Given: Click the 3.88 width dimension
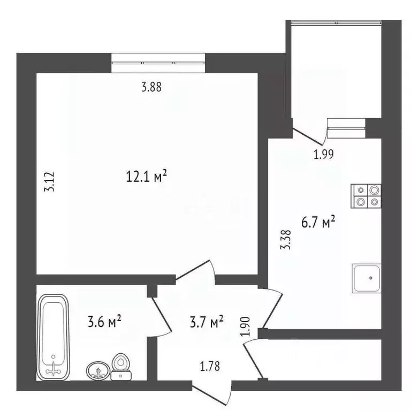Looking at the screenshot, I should pos(151,87).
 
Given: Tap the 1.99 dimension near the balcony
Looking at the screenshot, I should pos(324,155).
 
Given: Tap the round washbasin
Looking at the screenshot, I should pos(97,370).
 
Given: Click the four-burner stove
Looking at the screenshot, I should pos(367,196).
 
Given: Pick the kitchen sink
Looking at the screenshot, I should pos(367,278).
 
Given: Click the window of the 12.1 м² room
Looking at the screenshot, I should pos(158,63).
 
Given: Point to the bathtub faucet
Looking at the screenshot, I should pos(54,367).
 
